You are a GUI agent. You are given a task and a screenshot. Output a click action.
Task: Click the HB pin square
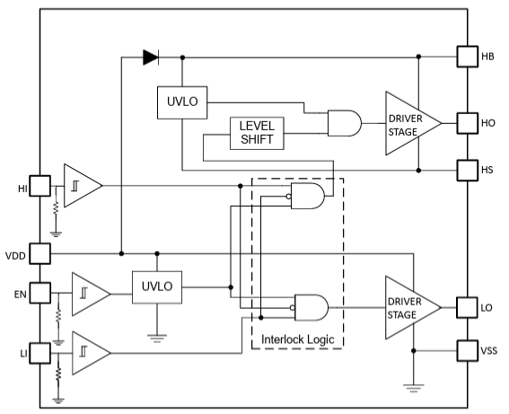click(x=468, y=57)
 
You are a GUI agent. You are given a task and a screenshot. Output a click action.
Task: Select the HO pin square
click(x=468, y=122)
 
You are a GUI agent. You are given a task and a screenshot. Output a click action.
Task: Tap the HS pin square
click(x=468, y=169)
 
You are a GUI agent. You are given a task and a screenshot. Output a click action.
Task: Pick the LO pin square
click(x=468, y=308)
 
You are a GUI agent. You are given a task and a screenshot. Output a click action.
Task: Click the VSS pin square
click(x=468, y=350)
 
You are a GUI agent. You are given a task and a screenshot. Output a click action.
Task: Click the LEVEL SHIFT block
click(x=258, y=134)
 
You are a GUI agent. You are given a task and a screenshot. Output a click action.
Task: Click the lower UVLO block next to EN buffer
click(x=157, y=287)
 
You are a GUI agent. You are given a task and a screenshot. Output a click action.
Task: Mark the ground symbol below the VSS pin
click(x=413, y=387)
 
